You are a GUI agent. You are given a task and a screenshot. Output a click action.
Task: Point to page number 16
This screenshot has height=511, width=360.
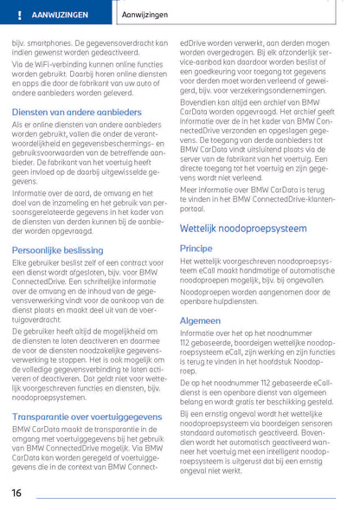point(16,493)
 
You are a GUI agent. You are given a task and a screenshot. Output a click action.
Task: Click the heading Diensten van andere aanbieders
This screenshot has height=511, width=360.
point(77,113)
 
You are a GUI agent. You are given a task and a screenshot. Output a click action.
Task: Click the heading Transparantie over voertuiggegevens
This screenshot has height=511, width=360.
point(87,417)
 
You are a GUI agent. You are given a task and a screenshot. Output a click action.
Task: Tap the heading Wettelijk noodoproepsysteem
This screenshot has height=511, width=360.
point(242,229)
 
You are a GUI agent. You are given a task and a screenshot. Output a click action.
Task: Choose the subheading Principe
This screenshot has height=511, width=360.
point(196,248)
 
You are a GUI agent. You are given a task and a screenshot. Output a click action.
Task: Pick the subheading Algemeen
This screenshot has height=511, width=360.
point(200,319)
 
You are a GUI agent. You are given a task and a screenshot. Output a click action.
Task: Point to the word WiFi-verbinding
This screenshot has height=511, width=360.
point(66,63)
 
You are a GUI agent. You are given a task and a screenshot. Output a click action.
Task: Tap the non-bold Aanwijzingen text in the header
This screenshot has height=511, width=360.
point(146,16)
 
